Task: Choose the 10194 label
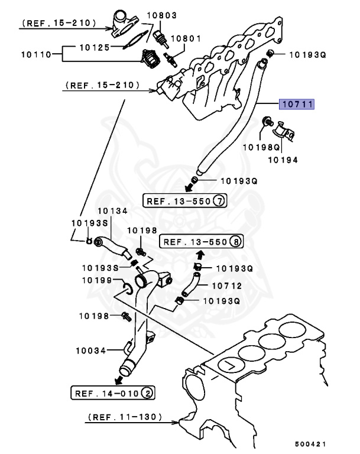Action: tap(284, 160)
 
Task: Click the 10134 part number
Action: tap(111, 210)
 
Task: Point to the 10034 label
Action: tap(90, 350)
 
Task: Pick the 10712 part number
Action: tap(225, 284)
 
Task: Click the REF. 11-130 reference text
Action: tap(124, 417)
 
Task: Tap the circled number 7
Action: tap(219, 200)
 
